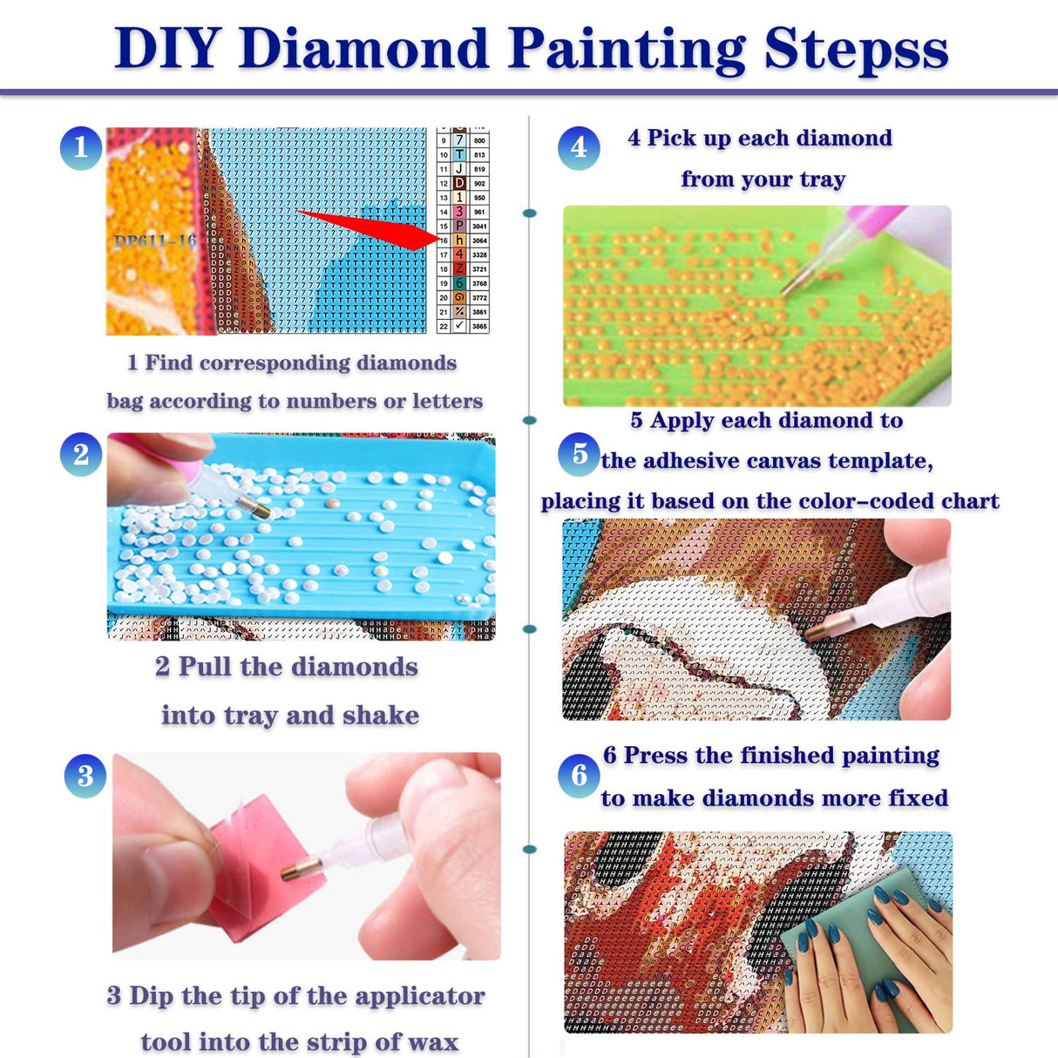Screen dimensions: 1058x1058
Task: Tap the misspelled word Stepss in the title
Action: click(856, 50)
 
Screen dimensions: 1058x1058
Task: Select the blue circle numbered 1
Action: click(81, 147)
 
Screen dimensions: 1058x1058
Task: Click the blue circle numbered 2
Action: click(81, 454)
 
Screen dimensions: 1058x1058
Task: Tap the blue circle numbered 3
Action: click(85, 775)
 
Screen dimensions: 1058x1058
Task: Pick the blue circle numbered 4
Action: click(579, 147)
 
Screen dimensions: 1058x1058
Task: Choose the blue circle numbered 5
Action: click(579, 454)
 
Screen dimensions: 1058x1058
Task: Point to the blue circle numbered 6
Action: click(579, 775)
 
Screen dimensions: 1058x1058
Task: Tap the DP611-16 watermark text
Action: click(155, 241)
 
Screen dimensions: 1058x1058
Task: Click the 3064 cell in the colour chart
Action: click(479, 241)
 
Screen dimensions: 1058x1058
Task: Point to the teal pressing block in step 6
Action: click(837, 950)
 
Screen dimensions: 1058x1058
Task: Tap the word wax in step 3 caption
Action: click(432, 1041)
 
